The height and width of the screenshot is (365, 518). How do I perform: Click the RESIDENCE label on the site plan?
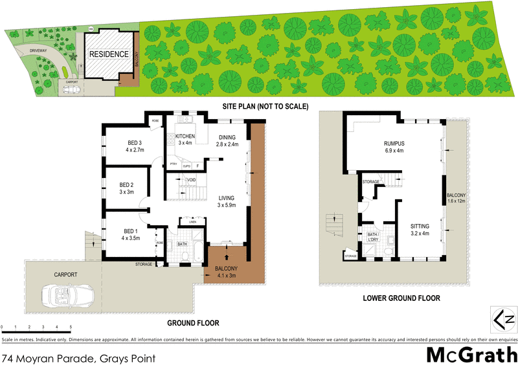pos(108,54)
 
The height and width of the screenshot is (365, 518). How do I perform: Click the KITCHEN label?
pos(185,136)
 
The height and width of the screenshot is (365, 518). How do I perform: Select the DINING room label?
pos(227,137)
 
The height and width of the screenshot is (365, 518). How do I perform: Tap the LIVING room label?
pos(227,198)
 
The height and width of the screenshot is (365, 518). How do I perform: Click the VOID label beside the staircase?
pos(191,180)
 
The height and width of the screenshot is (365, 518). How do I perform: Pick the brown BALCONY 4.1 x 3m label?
pos(226,269)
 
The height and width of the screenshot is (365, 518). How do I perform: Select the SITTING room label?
pos(420,226)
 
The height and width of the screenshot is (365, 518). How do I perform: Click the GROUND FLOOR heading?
pos(193,323)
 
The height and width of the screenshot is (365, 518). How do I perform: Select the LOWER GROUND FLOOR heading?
pos(402,298)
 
